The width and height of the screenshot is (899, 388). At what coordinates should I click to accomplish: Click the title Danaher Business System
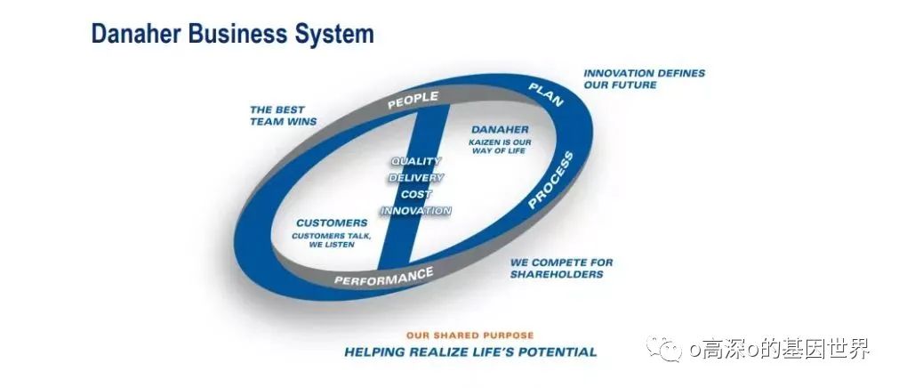[x=232, y=35]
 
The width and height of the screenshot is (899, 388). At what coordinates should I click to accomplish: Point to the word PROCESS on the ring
[x=550, y=181]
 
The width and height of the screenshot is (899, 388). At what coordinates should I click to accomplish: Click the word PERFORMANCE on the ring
[x=383, y=278]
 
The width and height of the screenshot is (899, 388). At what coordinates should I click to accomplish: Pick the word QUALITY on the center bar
[x=416, y=161]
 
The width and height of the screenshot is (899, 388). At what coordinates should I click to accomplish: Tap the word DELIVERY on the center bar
[x=415, y=178]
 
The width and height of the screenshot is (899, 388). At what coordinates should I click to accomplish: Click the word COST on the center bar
[x=415, y=194]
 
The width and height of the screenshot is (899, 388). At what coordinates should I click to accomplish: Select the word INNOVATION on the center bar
[x=415, y=211]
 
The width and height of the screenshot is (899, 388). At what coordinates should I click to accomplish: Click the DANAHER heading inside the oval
[x=500, y=128]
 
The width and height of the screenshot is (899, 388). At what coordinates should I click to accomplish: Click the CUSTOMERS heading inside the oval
[x=331, y=222]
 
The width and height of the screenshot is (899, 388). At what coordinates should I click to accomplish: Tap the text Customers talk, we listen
[x=331, y=239]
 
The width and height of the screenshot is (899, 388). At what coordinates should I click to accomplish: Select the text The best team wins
[x=283, y=116]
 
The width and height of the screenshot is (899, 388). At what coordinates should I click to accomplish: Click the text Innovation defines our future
[x=644, y=78]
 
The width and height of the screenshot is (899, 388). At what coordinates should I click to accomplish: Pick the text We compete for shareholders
[x=561, y=268]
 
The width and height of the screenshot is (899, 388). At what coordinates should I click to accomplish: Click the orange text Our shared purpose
[x=470, y=335]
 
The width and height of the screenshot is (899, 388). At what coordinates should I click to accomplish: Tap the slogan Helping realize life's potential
[x=470, y=352]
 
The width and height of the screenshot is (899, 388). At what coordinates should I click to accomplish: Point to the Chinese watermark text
[x=779, y=349]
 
